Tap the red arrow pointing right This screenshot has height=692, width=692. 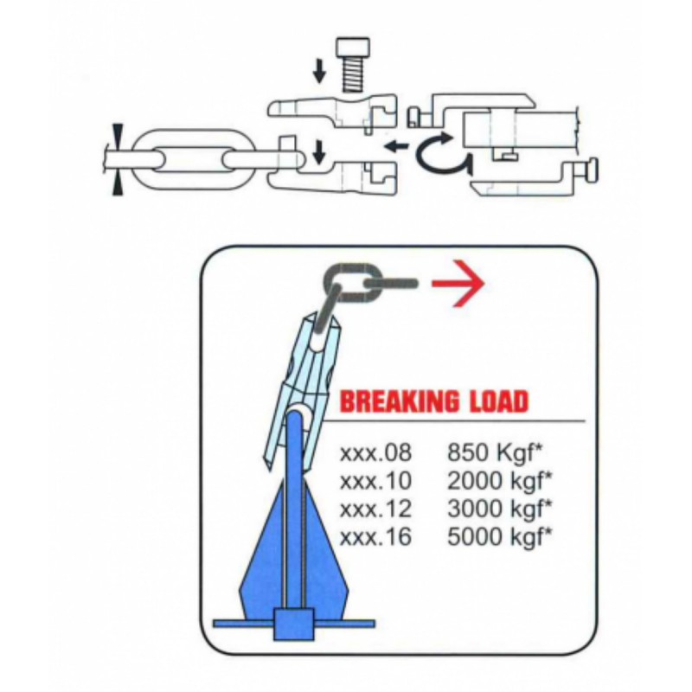tap(458, 284)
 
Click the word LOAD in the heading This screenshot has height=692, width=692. tap(491, 401)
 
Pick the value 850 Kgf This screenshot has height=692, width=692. tap(494, 453)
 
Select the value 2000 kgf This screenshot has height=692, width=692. tap(500, 481)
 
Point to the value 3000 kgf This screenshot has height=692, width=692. tap(500, 509)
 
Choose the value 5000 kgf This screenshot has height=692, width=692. tap(500, 536)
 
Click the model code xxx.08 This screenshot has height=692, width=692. tap(375, 453)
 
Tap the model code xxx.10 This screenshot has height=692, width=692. tap(375, 481)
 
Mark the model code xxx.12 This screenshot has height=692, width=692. tap(375, 509)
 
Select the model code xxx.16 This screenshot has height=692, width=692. tap(375, 536)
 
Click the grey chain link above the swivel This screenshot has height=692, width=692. tap(352, 283)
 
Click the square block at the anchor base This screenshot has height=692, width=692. tap(294, 624)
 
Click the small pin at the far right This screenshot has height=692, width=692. tap(593, 170)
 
